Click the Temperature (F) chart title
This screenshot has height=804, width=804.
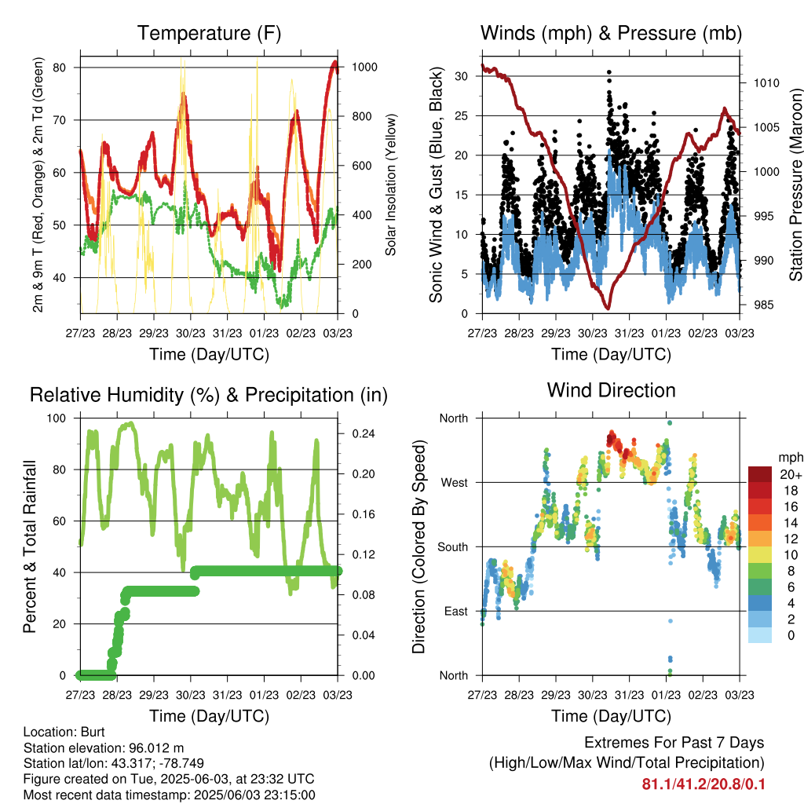tap(208, 34)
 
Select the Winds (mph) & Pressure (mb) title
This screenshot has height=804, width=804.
tap(611, 34)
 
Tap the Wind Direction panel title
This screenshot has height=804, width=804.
tap(611, 390)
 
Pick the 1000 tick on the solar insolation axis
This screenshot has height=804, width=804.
tap(365, 68)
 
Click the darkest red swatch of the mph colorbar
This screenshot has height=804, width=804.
tap(761, 474)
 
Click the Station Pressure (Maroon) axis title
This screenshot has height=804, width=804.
tap(795, 185)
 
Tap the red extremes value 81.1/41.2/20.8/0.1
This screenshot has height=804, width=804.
tap(703, 784)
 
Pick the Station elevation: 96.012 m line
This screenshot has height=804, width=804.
tap(104, 747)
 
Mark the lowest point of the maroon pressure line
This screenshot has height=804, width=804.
tap(606, 308)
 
